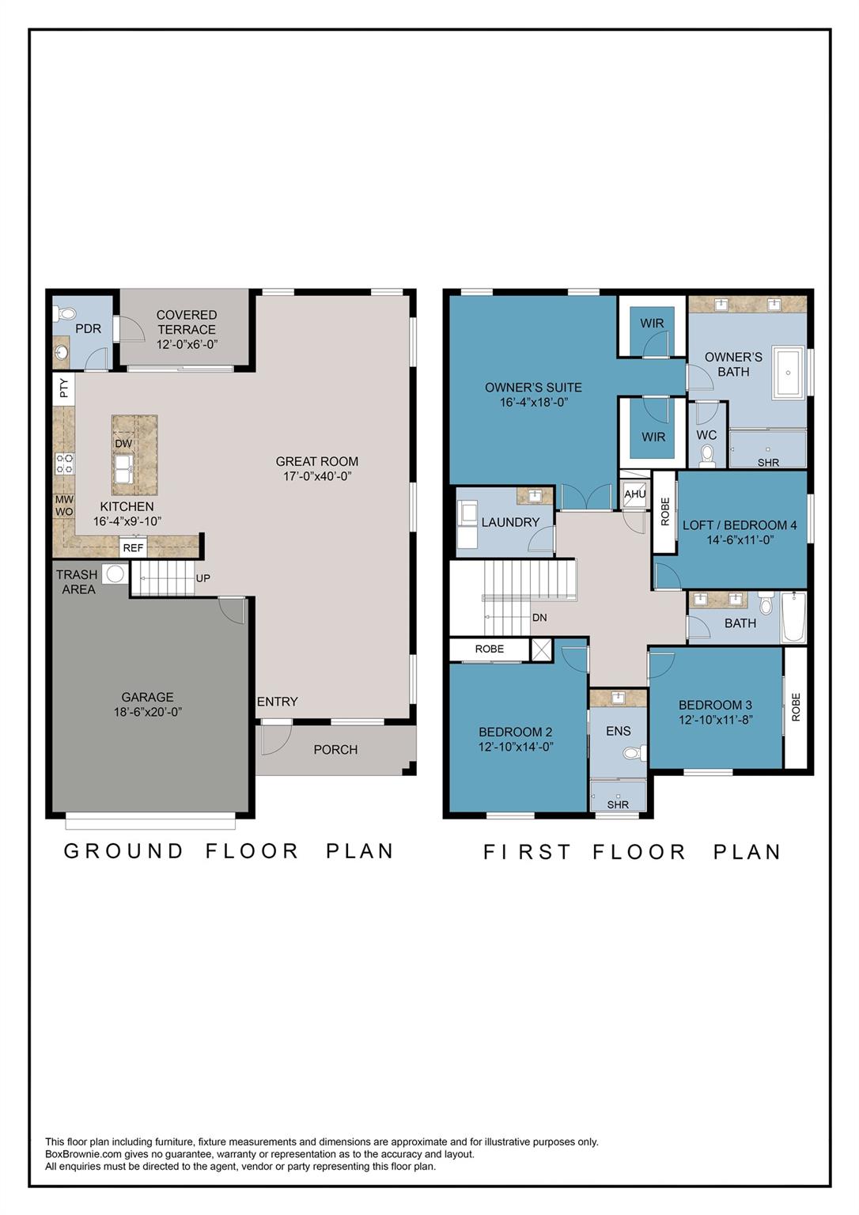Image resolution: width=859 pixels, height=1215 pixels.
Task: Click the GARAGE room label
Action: (147, 697)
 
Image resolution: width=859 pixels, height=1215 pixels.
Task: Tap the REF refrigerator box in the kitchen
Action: (133, 548)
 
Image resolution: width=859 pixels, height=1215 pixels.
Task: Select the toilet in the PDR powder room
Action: (65, 313)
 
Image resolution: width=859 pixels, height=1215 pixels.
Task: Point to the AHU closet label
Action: (634, 494)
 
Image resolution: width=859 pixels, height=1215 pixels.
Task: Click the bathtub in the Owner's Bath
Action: (788, 373)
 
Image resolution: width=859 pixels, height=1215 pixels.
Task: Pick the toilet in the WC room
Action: (706, 455)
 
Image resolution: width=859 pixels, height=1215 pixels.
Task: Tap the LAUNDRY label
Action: (510, 522)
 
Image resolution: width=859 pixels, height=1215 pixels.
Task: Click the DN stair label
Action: (539, 617)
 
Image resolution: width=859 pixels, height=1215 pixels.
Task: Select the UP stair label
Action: (202, 578)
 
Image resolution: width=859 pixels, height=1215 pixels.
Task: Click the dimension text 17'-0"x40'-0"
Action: (317, 475)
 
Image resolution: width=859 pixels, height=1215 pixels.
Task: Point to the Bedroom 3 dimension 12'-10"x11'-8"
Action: (715, 719)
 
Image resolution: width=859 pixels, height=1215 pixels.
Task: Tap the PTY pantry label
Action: (64, 388)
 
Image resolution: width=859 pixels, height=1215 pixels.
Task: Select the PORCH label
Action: (335, 750)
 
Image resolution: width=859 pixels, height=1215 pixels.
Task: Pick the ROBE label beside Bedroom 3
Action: (796, 707)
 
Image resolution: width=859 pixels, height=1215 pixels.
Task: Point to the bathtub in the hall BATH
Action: (793, 617)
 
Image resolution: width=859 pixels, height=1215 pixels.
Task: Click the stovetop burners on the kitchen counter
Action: (65, 464)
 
